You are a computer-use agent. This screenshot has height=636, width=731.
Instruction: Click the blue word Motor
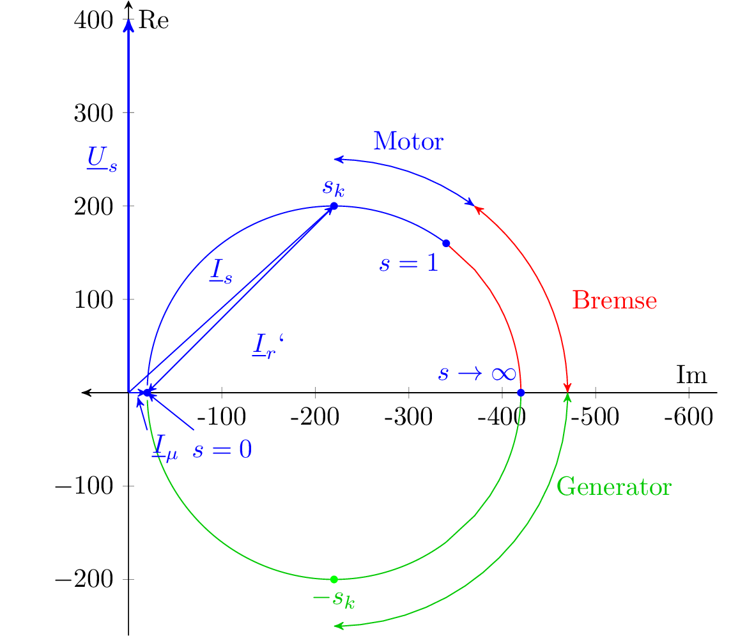click(x=408, y=141)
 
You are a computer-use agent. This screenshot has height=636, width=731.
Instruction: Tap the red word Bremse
click(x=614, y=300)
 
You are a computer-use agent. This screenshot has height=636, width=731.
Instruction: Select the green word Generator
click(x=613, y=487)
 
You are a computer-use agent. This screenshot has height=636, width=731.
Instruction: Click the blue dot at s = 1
click(x=446, y=243)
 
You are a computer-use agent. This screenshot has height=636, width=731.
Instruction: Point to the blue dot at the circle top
click(x=334, y=206)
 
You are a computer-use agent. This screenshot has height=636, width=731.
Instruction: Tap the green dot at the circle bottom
click(x=334, y=579)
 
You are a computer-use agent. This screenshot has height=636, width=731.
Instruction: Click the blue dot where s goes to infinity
click(x=521, y=392)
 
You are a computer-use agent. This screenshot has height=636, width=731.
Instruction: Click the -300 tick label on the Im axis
click(x=407, y=418)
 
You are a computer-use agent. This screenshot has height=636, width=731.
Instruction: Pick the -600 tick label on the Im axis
click(x=688, y=418)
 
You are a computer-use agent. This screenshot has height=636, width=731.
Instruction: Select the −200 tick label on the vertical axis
click(x=85, y=579)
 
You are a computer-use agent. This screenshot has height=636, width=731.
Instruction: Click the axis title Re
click(x=153, y=20)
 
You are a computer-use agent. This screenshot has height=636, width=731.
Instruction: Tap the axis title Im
click(x=691, y=375)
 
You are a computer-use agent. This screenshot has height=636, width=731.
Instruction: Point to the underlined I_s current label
click(x=220, y=273)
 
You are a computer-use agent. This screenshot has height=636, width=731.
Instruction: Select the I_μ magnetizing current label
click(x=164, y=448)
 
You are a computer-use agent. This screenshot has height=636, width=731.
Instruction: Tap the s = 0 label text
click(x=222, y=450)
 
